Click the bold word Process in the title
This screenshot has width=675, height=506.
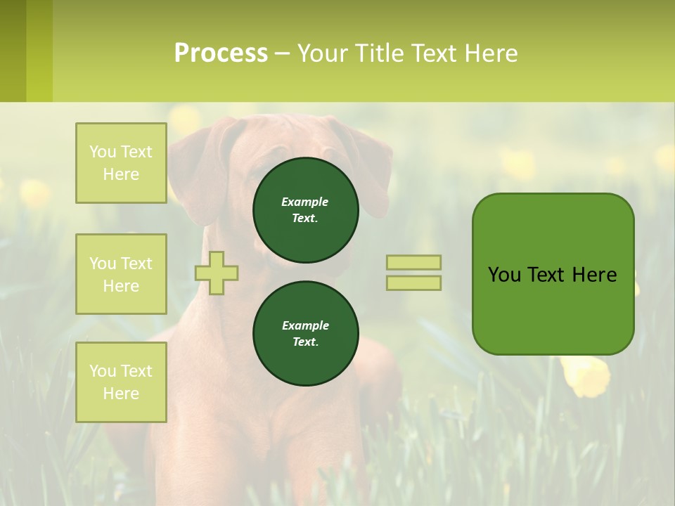[x=221, y=53]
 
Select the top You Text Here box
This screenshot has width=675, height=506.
[x=121, y=163]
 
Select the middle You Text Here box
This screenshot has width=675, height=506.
[x=121, y=274]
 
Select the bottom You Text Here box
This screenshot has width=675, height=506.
[x=121, y=382]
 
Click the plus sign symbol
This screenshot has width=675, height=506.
[x=217, y=273]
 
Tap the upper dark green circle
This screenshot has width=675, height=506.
[x=306, y=209]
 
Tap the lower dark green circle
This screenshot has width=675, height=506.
[x=306, y=333]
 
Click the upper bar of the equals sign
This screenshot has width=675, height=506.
[x=413, y=262]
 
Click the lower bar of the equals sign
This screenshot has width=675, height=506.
[x=413, y=283]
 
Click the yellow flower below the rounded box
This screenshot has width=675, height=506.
[x=585, y=376]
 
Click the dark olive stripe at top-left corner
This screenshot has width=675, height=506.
[x=13, y=51]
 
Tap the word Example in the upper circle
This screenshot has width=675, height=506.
[x=305, y=202]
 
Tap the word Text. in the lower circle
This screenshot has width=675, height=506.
[x=305, y=342]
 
